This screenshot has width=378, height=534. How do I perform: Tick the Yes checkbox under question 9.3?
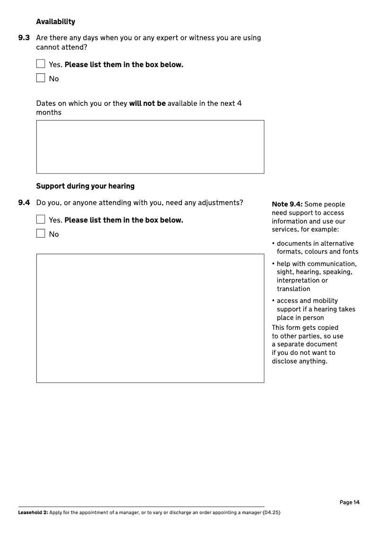click(41, 64)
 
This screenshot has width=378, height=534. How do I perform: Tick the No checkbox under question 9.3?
click(41, 78)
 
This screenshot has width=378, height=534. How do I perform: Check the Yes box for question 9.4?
click(41, 219)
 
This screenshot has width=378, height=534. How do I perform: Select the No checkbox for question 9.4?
click(41, 233)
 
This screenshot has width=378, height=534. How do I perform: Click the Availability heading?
click(55, 22)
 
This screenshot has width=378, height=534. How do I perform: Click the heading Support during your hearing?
click(85, 186)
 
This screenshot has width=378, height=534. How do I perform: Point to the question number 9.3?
click(24, 38)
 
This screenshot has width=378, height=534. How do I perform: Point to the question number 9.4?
click(24, 203)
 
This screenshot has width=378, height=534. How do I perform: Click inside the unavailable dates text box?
click(150, 146)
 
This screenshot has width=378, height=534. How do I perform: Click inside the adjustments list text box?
click(150, 318)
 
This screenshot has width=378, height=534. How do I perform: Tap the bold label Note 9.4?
click(287, 205)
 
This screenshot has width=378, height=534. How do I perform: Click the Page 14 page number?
click(349, 502)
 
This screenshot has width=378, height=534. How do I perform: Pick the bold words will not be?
click(147, 103)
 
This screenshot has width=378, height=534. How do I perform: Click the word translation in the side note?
click(293, 289)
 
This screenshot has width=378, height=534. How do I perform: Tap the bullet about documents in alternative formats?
click(316, 248)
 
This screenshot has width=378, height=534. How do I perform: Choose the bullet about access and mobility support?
click(315, 309)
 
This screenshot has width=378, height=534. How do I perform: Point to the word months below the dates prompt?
click(49, 112)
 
